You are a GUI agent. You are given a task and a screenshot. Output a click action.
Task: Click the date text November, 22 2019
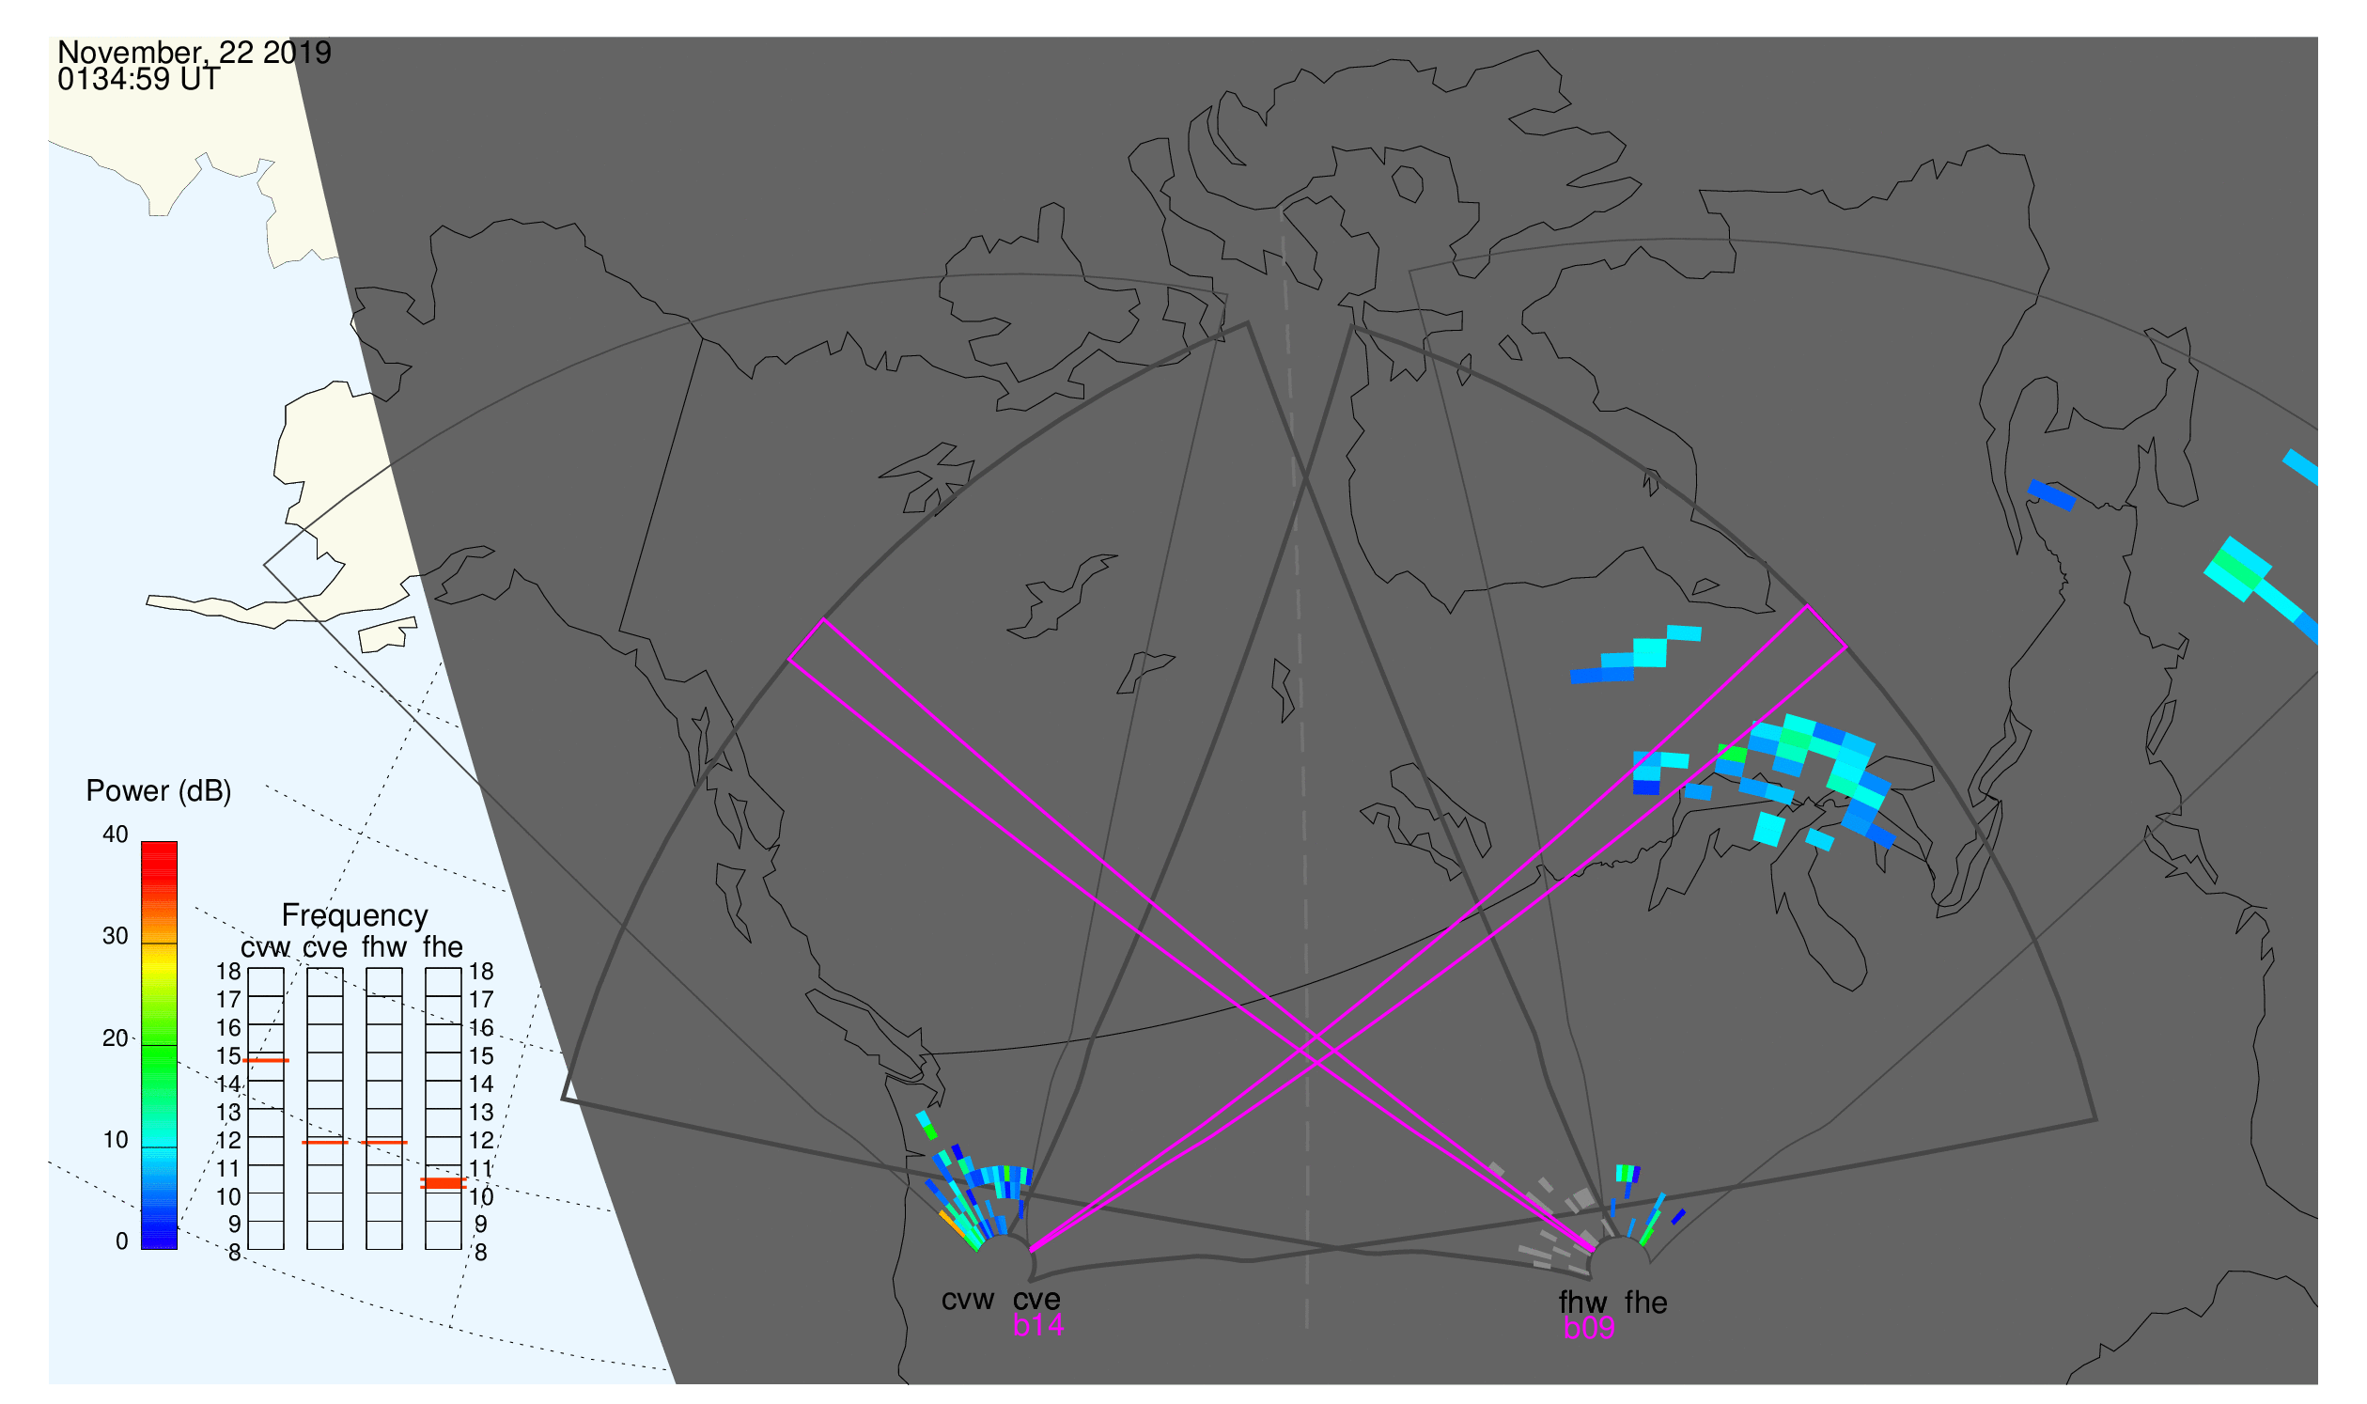coord(195,53)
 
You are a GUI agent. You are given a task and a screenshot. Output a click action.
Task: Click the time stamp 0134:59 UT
coord(139,80)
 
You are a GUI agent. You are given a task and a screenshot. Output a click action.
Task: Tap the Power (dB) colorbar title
coord(159,792)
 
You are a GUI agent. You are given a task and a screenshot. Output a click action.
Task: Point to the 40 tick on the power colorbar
coord(116,835)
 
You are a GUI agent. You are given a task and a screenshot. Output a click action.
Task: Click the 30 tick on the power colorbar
coord(116,937)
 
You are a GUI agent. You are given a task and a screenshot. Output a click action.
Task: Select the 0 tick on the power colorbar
coord(122,1242)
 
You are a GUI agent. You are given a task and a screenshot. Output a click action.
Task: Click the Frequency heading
coord(355,916)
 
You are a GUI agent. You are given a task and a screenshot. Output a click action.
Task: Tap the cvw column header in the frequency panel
coord(266,948)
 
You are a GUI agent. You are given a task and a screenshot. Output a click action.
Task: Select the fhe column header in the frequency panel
coord(443,947)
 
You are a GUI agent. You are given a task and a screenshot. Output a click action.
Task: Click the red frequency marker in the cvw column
coord(266,1062)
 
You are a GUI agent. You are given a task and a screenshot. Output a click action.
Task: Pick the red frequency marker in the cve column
coord(325,1143)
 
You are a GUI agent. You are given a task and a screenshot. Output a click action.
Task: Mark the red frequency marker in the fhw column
coord(384,1143)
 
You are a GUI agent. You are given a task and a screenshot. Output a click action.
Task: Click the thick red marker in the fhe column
coord(444,1184)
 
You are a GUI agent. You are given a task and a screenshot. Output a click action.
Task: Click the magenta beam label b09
coord(1589,1329)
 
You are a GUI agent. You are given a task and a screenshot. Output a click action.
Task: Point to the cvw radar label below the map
coord(968,1301)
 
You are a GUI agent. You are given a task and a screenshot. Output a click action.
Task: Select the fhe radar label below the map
coord(1646,1303)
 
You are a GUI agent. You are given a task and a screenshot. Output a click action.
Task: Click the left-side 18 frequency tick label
coord(229,972)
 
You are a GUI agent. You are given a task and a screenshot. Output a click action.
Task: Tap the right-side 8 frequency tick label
coord(480,1254)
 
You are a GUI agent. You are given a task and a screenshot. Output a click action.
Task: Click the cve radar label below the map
coord(1036,1301)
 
